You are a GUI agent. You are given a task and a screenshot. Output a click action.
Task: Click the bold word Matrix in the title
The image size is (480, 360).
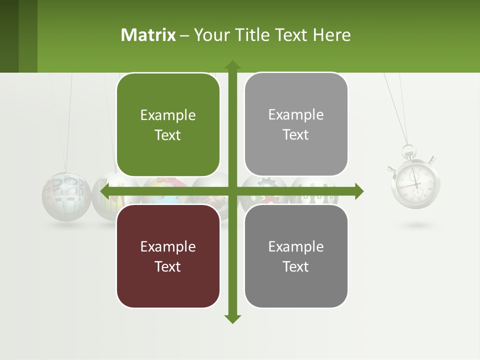pos(148,35)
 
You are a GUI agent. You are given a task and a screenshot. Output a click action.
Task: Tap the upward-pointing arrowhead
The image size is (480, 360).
pos(232,64)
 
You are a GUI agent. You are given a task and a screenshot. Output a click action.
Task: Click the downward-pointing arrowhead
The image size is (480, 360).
pos(232,319)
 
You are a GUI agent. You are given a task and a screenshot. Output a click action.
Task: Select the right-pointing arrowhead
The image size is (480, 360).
pos(359,191)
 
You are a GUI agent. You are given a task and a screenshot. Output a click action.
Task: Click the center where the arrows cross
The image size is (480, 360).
pos(232,191)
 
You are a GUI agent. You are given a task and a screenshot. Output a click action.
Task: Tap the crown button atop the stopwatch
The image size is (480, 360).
pos(409,149)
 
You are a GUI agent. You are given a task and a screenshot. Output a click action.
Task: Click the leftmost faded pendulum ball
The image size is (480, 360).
pos(66,196)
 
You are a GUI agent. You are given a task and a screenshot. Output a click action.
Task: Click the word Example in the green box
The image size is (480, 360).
pos(168,115)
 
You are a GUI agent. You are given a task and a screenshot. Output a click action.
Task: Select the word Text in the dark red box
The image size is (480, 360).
pos(168,266)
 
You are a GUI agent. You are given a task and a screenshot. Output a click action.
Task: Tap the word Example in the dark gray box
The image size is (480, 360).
pos(296,246)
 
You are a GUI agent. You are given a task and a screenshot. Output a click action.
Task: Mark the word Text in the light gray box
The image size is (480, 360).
pos(296,134)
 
